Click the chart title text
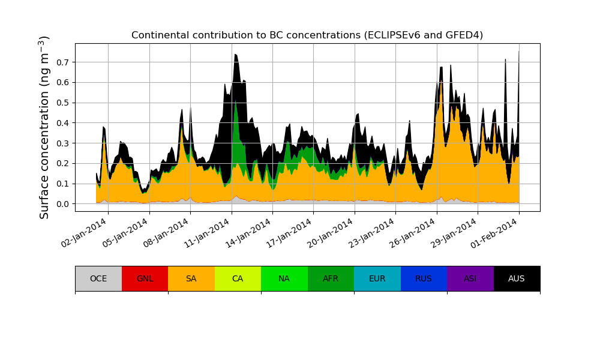tap(307, 35)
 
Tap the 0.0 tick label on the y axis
tap(62, 204)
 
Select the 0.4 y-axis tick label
tap(62, 123)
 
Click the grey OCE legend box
tap(98, 278)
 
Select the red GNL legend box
tap(145, 278)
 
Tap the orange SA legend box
tap(191, 278)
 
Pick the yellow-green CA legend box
tap(238, 278)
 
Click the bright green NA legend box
tap(284, 278)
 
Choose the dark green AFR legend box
tap(331, 278)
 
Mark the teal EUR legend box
tap(377, 278)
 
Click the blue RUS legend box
tap(424, 278)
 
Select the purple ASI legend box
tap(470, 278)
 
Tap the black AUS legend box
tap(517, 278)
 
